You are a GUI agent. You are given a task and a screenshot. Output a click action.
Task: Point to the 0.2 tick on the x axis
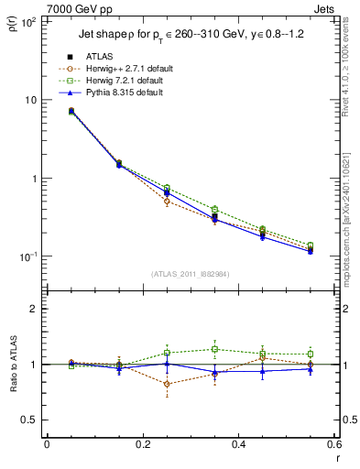(x=142, y=446)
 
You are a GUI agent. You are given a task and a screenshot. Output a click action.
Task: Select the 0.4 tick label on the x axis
(x=238, y=446)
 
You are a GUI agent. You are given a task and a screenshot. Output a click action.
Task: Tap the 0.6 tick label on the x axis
(x=333, y=446)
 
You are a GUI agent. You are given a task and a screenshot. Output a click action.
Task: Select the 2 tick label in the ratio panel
(x=34, y=309)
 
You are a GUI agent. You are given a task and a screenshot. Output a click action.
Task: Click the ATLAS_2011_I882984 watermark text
(x=191, y=273)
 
